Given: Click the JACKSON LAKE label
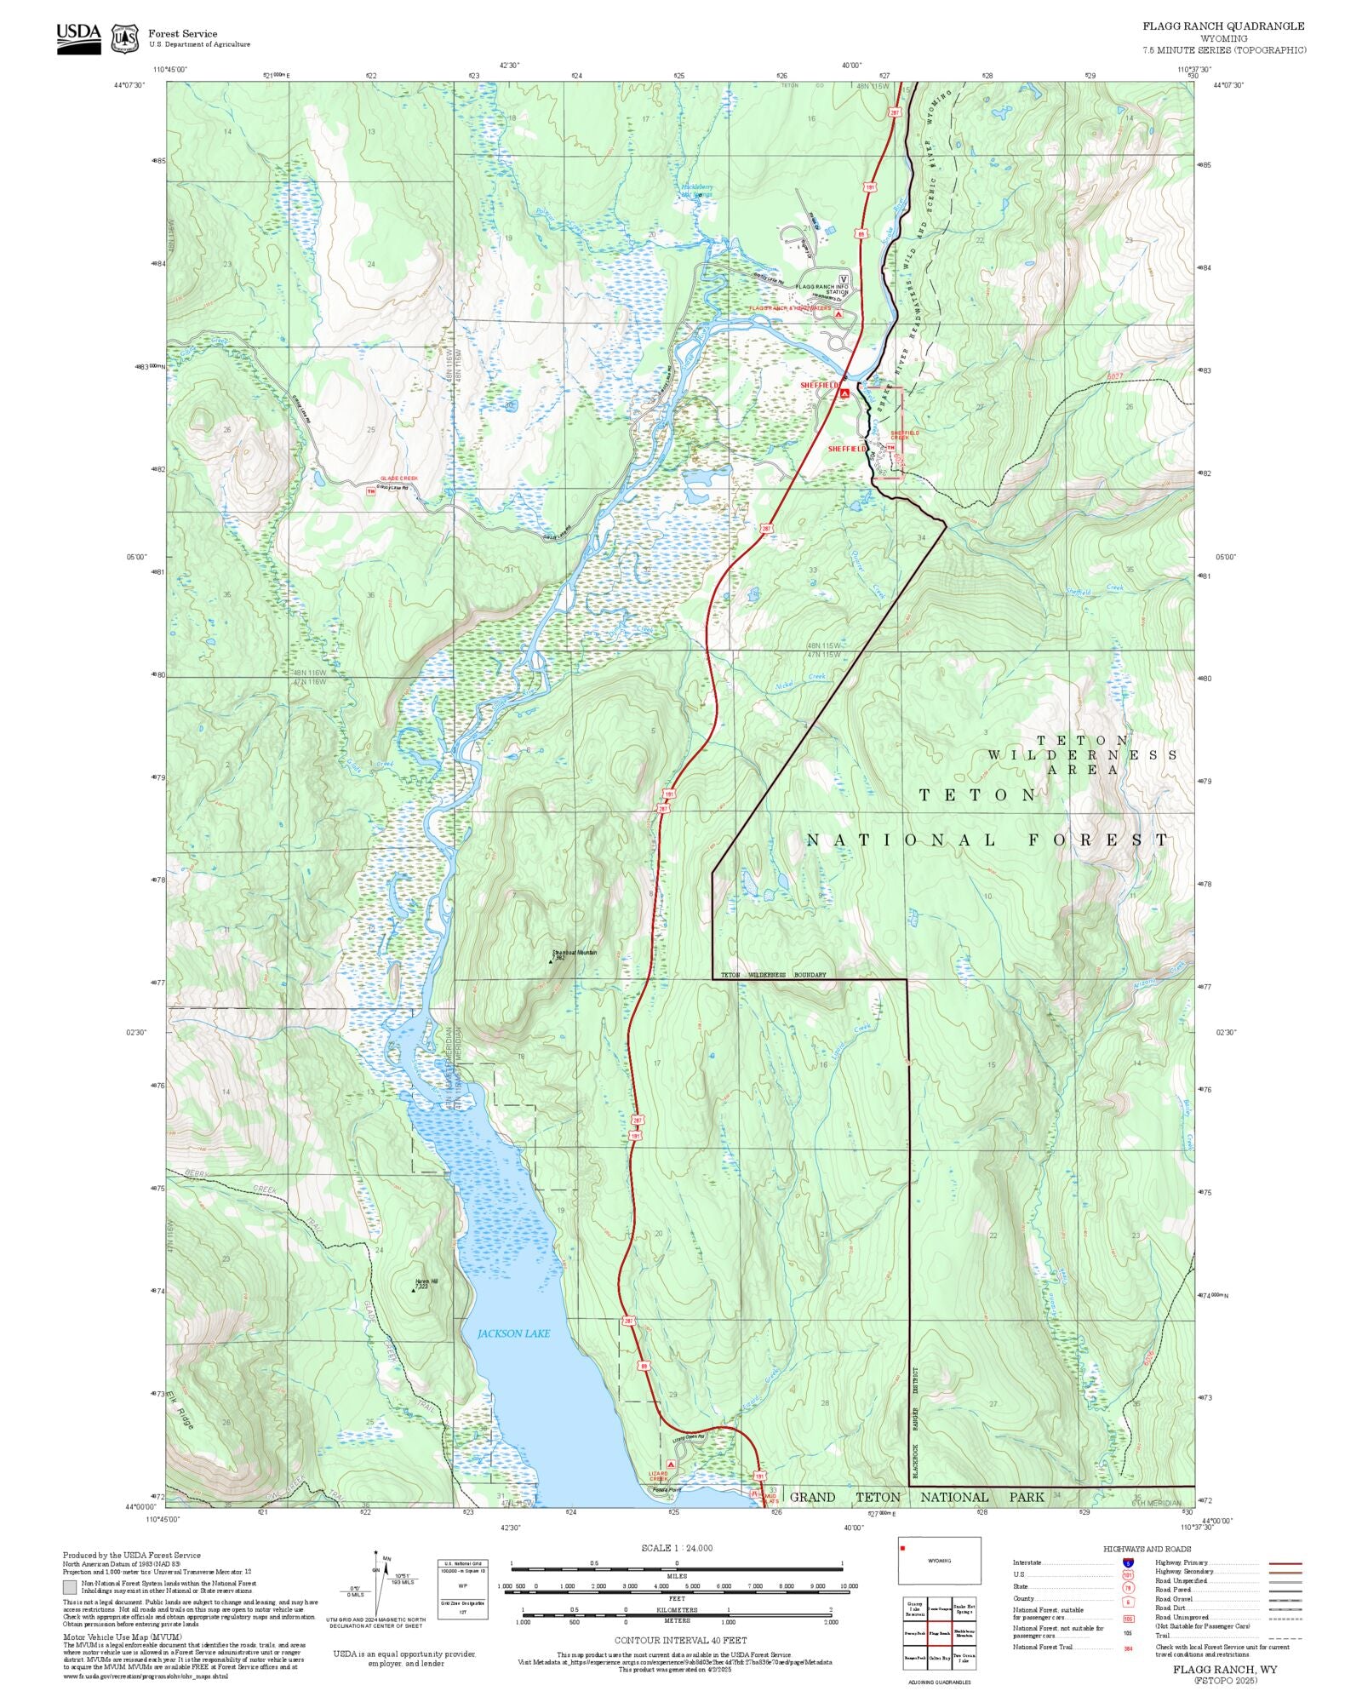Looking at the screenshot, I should (513, 1333).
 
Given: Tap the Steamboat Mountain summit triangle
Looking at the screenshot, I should (551, 961).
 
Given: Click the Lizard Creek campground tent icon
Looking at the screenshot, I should (671, 1465).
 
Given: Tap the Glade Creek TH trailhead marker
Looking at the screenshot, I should (370, 490).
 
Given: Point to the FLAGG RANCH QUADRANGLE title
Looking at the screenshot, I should (1223, 26).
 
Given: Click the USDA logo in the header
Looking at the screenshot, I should (78, 38).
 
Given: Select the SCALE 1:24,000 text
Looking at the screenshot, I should (677, 1548).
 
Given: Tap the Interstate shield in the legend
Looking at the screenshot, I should (1128, 1563).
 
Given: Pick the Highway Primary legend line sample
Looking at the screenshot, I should (1285, 1563).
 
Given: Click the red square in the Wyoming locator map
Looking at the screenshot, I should (902, 1547).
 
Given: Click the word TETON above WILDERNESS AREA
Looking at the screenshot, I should (1083, 741).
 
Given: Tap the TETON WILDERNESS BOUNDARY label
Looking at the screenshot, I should (773, 974).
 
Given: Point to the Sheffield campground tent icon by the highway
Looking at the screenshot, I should (844, 393).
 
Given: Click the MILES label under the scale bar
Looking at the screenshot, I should (676, 1575).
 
